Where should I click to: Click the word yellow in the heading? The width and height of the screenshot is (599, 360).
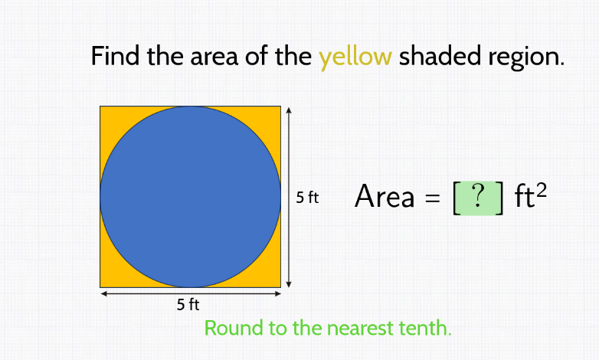(x=355, y=57)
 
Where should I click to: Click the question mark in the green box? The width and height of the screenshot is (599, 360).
(x=479, y=198)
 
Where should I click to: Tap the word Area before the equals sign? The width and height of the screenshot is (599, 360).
(x=385, y=198)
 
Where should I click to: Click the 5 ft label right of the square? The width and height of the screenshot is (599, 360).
(x=307, y=198)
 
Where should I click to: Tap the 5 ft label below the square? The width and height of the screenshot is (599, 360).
(x=188, y=305)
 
